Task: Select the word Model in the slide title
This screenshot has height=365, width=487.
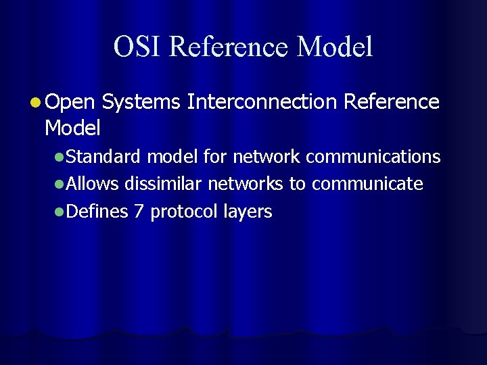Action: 335,47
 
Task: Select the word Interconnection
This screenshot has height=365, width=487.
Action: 262,102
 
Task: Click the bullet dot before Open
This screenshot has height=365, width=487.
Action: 35,103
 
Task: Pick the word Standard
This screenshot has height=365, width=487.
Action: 103,157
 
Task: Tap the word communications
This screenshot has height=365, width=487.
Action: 373,157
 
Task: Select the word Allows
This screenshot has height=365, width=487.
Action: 93,185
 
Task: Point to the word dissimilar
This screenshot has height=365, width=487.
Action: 163,185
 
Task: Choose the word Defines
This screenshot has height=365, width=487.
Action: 97,212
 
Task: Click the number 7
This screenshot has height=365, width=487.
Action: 139,212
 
